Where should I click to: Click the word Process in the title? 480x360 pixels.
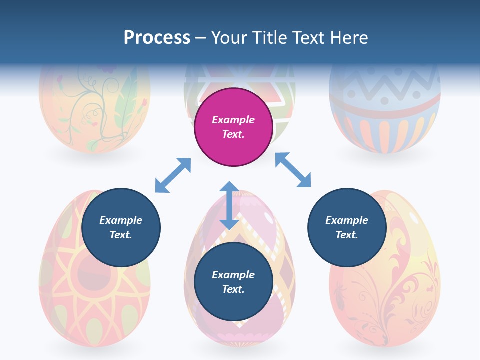click(157, 38)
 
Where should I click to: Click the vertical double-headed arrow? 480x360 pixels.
click(229, 205)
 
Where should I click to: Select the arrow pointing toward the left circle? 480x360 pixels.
click(173, 175)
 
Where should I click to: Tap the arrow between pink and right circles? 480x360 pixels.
click(293, 170)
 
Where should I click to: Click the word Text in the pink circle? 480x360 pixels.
click(233, 134)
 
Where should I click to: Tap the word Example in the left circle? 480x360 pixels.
click(121, 220)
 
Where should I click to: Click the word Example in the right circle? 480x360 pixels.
click(347, 220)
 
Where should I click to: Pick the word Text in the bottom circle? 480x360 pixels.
click(233, 289)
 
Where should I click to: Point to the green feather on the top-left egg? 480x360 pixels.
click(125, 100)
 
